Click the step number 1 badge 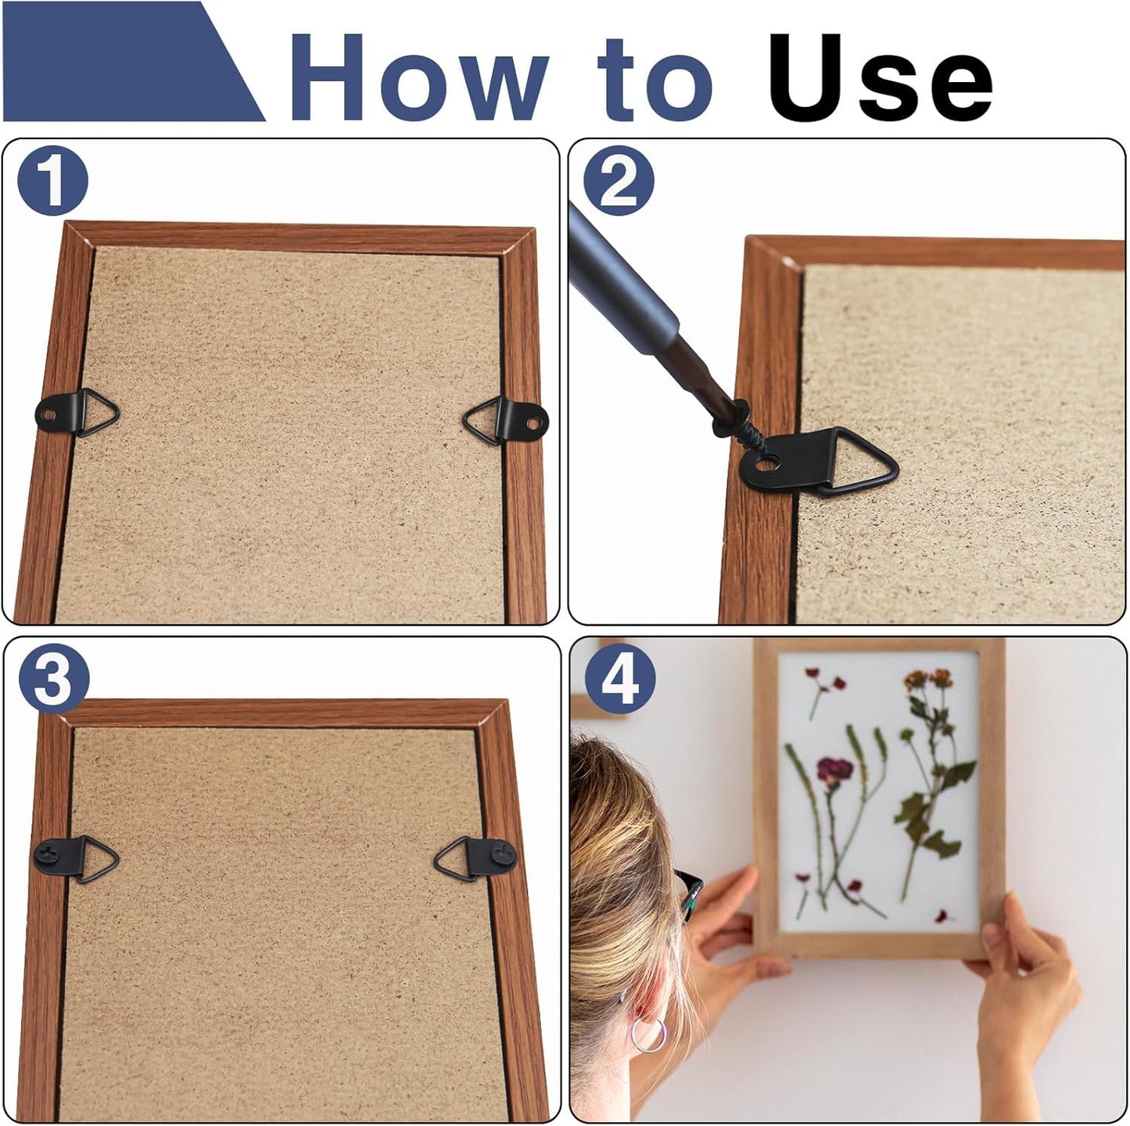point(52,181)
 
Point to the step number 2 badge point(619,181)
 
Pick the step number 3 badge point(54,678)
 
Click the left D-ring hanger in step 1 point(77,412)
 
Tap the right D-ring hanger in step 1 point(505,420)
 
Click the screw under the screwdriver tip point(740,428)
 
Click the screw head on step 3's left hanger point(47,854)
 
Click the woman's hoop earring point(648,1035)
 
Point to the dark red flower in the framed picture point(835,769)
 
